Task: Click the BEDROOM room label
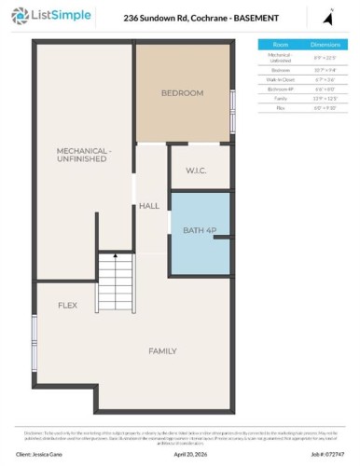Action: pos(182,93)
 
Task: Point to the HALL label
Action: pos(149,206)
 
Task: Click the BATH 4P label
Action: pos(199,230)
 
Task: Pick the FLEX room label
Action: pos(67,306)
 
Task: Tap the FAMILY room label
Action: pos(163,351)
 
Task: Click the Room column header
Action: pos(280,44)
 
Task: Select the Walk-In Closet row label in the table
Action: pos(280,79)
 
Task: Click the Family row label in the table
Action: pos(280,98)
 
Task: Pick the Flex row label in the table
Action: pos(280,107)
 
